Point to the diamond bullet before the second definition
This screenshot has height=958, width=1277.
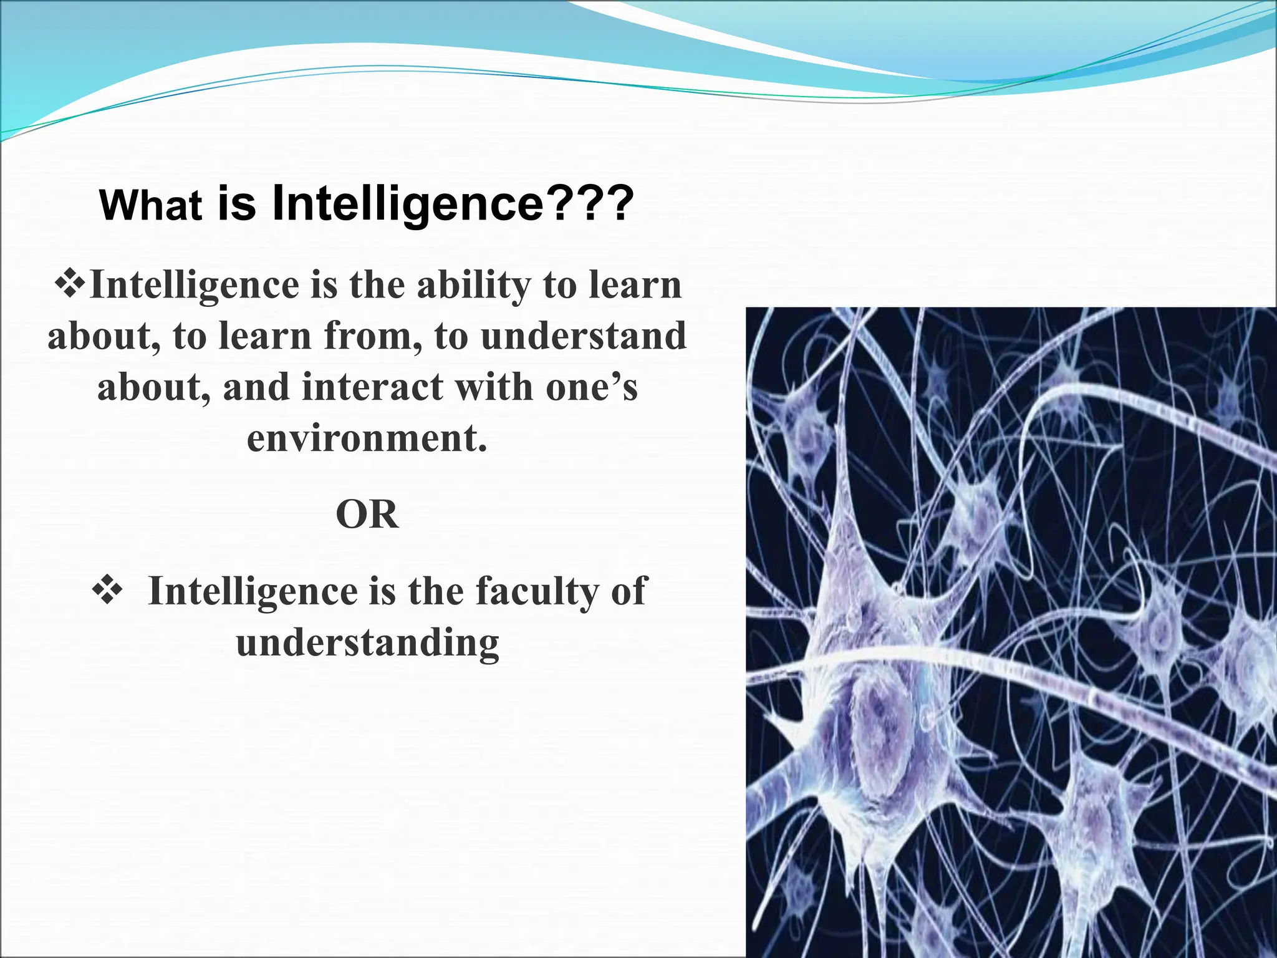pyautogui.click(x=107, y=590)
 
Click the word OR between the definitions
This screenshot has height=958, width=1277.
pyautogui.click(x=367, y=515)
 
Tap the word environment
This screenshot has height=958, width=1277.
pyautogui.click(x=367, y=438)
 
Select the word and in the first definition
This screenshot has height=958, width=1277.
pyautogui.click(x=256, y=387)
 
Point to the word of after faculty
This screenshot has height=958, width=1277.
pyautogui.click(x=629, y=591)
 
